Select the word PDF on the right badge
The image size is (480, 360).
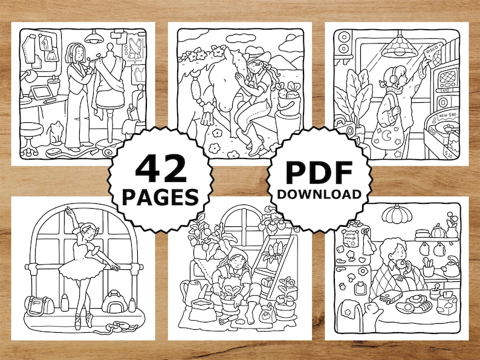[x=319, y=172]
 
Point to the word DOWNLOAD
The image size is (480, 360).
[x=319, y=194]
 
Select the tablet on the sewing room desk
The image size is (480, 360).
[x=41, y=93]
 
